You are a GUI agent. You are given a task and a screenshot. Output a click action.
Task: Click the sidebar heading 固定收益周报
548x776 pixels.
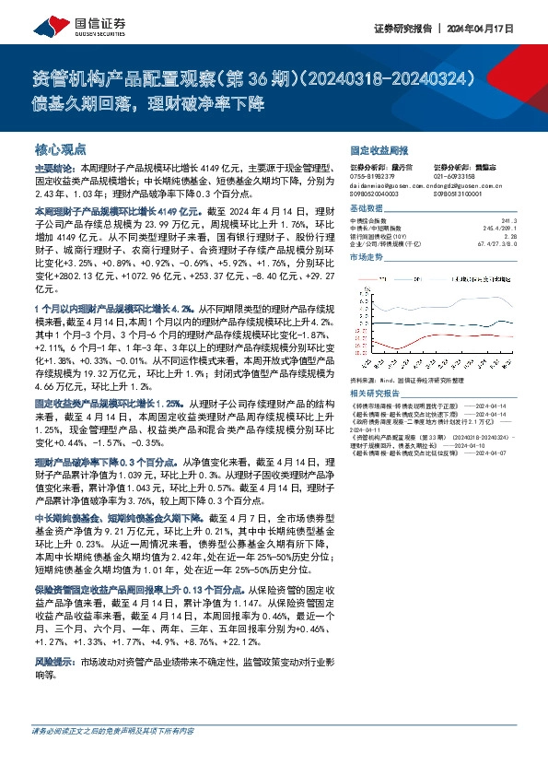coord(379,149)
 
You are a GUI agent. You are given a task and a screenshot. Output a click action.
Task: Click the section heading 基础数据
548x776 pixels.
coord(367,209)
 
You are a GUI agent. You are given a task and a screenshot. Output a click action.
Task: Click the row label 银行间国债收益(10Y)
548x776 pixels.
coord(382,236)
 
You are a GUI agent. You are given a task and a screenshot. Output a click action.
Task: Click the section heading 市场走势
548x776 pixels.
coord(367,258)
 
